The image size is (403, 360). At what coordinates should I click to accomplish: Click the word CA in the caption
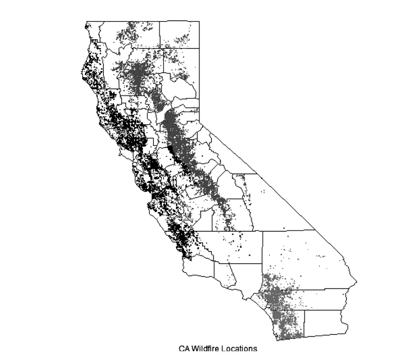(185, 349)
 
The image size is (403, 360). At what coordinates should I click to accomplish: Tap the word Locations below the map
(239, 349)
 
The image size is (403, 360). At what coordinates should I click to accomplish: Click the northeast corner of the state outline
(199, 22)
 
